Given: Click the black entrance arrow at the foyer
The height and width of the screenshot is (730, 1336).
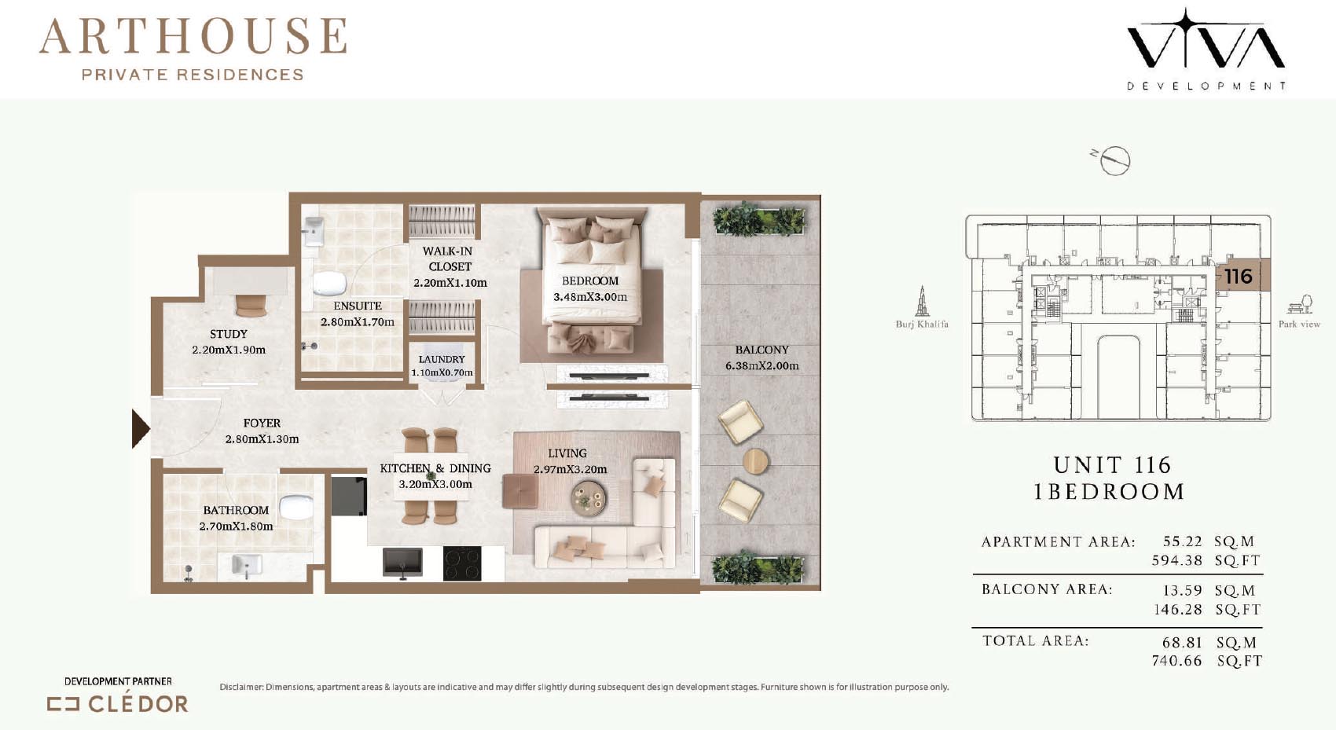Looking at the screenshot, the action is pos(140,428).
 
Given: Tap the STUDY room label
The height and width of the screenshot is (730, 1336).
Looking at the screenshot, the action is pos(229,334).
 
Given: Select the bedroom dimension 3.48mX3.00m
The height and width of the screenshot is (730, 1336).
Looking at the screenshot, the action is pos(590,297).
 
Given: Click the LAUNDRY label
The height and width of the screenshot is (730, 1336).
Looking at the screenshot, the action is pos(442,359).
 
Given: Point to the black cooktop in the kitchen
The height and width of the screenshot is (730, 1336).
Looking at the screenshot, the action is pos(462,563).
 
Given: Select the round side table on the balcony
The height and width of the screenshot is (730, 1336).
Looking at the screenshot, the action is pos(756,461).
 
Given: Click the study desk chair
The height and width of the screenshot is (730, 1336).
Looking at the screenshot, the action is pos(251,306).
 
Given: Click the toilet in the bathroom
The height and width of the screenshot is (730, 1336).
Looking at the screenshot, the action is pos(296,506).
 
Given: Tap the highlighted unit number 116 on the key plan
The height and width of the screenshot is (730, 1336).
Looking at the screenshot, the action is pos(1239,276).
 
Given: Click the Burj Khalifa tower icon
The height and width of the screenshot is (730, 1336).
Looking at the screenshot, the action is pos(922,301).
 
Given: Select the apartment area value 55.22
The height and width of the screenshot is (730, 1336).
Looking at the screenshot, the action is pos(1183,541).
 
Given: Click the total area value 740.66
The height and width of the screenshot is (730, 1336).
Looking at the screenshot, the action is pos(1176,661).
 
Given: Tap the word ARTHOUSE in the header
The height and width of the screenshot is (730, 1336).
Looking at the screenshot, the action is pos(193,36).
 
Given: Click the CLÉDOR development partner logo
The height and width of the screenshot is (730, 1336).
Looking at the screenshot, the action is pos(118,704).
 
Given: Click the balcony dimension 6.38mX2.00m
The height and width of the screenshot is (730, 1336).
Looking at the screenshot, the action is pos(762,365).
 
